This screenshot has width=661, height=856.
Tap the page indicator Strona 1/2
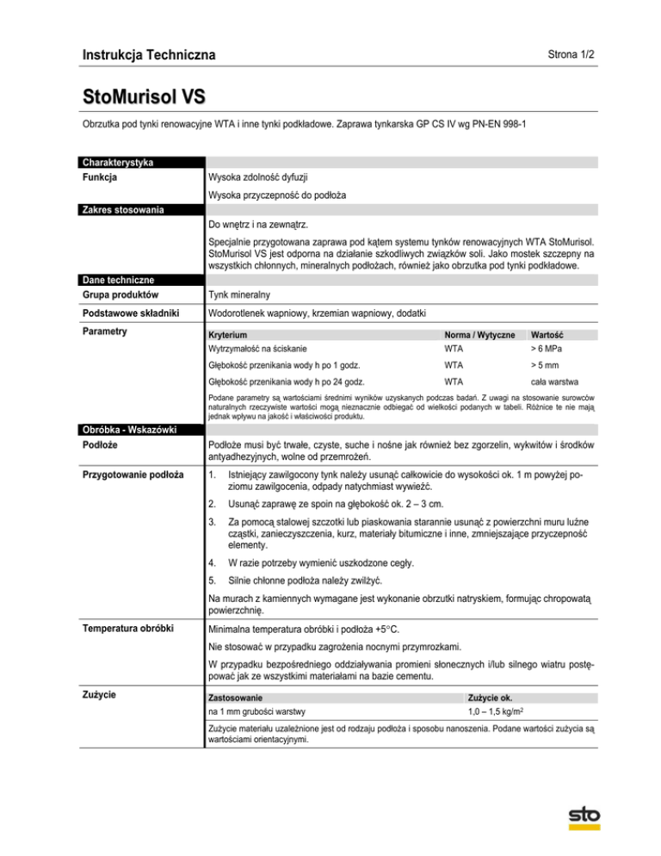570,53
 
